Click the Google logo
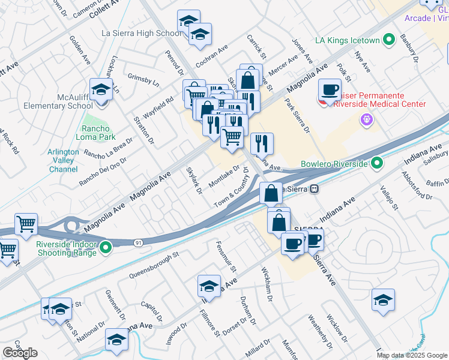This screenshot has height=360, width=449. coord(20,353)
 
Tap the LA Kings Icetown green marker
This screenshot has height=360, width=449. coord(388,41)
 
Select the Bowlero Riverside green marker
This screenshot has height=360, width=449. coord(376,163)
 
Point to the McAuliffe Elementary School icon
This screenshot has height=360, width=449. coord(101,91)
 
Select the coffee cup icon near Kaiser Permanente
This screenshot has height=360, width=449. coord(329,90)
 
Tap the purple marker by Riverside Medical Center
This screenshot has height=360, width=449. coord(367,120)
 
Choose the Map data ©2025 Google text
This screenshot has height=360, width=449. coord(412,355)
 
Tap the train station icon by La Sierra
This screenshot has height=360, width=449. coord(314,189)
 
